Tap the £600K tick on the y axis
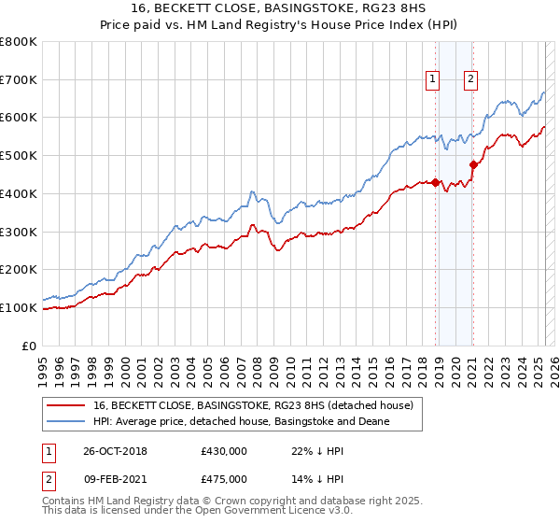coord(20,118)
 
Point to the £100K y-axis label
coord(20,307)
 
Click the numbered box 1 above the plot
coord(434,80)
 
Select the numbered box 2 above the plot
coord(471,80)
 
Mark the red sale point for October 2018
coord(435,182)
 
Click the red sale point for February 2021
coord(473,165)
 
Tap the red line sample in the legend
coord(65,405)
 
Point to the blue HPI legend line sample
coord(65,422)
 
